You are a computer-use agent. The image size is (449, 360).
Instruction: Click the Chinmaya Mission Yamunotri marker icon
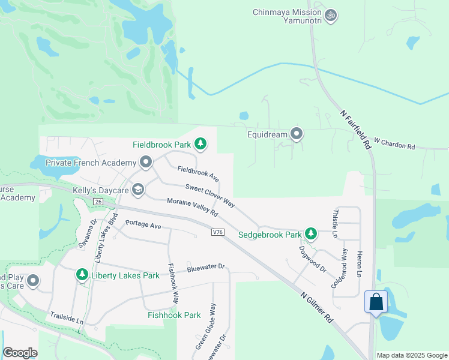tap(330, 15)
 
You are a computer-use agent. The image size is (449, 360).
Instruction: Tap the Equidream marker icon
tap(297, 134)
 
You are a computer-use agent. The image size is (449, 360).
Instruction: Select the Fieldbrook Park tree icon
tap(200, 144)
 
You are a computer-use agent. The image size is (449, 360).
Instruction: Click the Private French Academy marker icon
tap(145, 162)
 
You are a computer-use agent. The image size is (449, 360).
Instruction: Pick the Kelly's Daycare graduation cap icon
tap(138, 190)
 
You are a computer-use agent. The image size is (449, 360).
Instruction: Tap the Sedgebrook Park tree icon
tap(310, 234)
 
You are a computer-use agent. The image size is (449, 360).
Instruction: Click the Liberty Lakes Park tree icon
tap(82, 275)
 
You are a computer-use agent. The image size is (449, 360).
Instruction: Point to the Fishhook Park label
tap(174, 315)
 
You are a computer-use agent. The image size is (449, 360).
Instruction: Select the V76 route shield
tap(218, 232)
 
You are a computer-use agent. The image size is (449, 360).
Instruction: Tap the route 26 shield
tap(98, 202)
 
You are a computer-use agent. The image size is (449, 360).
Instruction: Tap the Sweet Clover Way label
tap(209, 196)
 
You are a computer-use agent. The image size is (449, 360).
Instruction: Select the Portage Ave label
tap(143, 225)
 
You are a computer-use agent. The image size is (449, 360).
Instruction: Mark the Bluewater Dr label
tap(205, 266)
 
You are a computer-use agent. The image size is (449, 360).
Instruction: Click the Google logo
tap(20, 353)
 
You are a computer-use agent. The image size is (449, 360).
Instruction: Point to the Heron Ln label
tap(360, 264)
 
